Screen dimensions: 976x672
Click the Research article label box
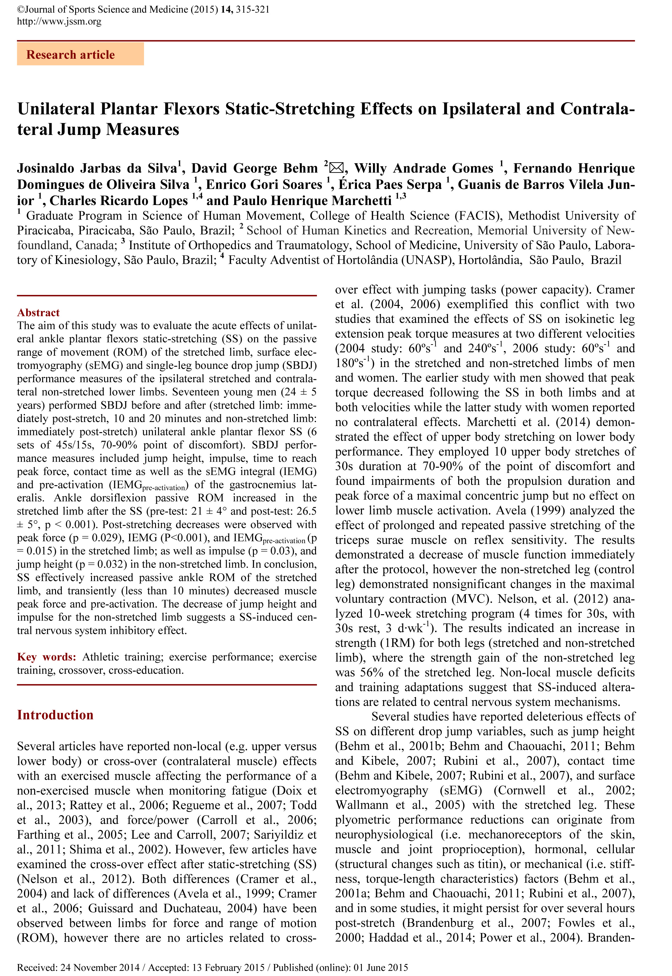click(x=80, y=54)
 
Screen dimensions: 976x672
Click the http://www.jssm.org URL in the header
click(x=59, y=22)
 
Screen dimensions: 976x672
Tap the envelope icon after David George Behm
click(x=336, y=168)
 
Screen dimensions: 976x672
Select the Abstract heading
click(x=38, y=313)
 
